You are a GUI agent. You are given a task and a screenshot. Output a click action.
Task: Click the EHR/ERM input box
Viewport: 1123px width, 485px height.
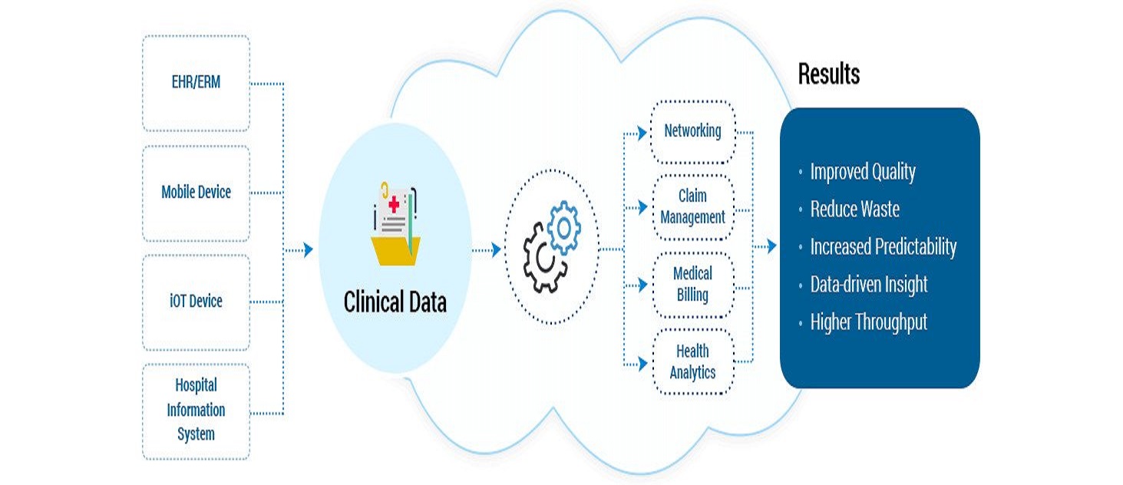click(196, 83)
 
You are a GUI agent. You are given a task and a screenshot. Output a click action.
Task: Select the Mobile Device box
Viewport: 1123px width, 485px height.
click(196, 193)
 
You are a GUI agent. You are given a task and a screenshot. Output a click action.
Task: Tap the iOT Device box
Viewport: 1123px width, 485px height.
click(196, 302)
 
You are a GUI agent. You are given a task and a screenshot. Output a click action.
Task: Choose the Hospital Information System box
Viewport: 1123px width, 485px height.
click(196, 410)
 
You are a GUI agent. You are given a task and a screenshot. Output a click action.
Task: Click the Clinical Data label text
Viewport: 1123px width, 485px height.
click(395, 302)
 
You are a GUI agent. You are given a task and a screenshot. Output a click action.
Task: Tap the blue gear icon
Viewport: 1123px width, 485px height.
click(564, 226)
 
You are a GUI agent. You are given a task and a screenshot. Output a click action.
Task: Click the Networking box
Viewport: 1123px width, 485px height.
click(692, 131)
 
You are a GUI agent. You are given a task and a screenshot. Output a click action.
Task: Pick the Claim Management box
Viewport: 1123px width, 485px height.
click(692, 207)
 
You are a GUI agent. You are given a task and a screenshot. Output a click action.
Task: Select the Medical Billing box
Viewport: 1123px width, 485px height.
click(692, 285)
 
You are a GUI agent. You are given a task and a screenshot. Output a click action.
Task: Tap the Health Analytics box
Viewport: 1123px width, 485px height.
click(692, 362)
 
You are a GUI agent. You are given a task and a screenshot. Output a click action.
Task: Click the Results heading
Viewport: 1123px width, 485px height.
click(828, 74)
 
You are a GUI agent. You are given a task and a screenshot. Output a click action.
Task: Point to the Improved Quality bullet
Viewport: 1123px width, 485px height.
click(862, 172)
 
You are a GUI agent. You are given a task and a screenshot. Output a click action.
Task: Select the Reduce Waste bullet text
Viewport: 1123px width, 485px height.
click(854, 210)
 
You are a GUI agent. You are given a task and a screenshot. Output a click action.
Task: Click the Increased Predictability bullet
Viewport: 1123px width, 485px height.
click(883, 247)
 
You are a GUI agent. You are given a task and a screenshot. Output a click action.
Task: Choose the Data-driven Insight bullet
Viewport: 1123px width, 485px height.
click(868, 285)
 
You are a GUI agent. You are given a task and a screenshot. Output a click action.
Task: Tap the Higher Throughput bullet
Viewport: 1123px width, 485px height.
click(868, 322)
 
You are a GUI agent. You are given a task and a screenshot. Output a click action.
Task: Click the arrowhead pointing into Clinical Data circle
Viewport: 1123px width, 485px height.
click(308, 249)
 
